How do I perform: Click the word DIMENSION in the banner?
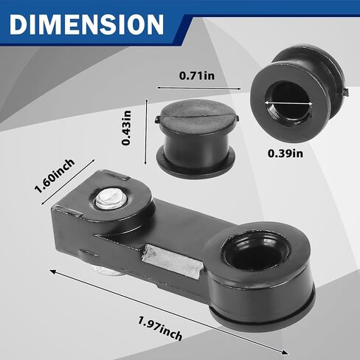click(86, 24)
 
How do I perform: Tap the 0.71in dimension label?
click(197, 75)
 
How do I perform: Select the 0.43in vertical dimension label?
click(127, 128)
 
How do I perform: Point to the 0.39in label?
click(285, 153)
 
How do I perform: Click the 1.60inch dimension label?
click(55, 176)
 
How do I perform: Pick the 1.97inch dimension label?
click(160, 328)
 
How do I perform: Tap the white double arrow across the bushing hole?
click(288, 103)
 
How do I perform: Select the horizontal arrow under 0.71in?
click(199, 88)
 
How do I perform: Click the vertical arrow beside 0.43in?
click(146, 131)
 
